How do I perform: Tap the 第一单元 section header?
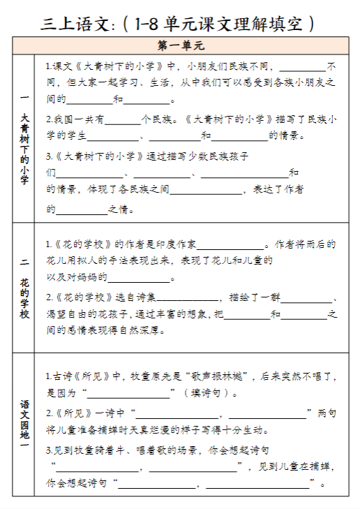pyautogui.click(x=180, y=47)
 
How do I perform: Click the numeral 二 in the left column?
pyautogui.click(x=24, y=262)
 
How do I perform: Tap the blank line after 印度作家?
pyautogui.click(x=230, y=246)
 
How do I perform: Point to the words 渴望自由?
pyautogui.click(x=68, y=313)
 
